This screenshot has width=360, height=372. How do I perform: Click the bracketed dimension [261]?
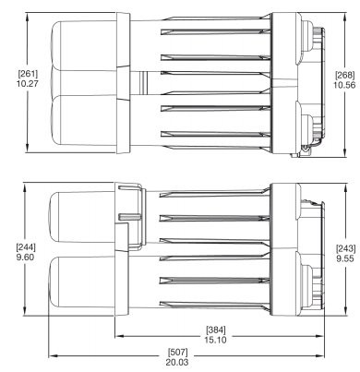28,74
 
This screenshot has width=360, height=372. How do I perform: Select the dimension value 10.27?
28,83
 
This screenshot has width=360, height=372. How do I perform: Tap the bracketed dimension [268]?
344,75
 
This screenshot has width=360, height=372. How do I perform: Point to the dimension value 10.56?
344,85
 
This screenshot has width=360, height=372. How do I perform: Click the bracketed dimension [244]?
26,247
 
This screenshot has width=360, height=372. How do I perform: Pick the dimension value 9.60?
26,257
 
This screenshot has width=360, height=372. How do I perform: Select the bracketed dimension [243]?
345,248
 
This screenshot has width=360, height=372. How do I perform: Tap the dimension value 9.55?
345,258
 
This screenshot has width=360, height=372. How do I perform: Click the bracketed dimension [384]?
216,330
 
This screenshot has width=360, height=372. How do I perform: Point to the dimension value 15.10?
216,340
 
